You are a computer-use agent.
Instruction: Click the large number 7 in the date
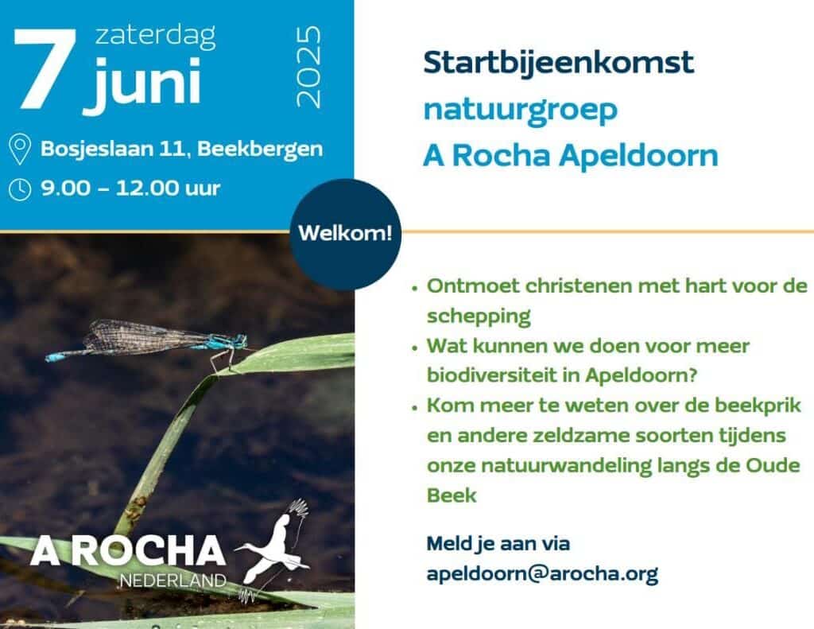pos(45,69)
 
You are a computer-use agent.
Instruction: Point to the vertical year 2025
pos(308,67)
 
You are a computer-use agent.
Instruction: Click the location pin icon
pos(20,149)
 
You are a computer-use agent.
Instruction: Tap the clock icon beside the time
pos(20,189)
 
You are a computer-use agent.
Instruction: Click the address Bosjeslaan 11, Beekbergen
pos(182,149)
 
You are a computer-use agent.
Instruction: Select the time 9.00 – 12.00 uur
pos(131,188)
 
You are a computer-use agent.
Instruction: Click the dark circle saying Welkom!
pos(345,235)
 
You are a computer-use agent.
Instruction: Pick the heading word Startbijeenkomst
pos(559,62)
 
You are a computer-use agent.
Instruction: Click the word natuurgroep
pos(521,110)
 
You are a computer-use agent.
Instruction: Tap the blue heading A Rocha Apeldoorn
pos(571,155)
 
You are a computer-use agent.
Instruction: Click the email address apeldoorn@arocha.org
pos(542,573)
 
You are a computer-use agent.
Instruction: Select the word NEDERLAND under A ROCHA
pos(172,580)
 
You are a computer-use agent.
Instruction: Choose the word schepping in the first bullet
pos(479,316)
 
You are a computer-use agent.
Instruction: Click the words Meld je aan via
pos(498,544)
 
